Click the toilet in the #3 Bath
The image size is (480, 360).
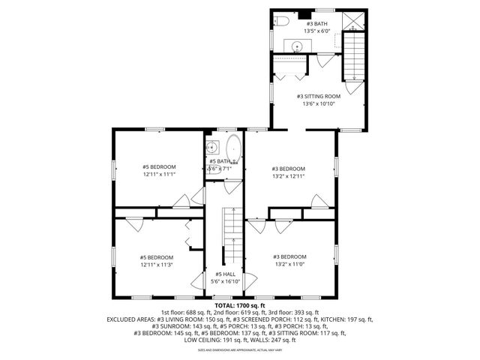[278, 21]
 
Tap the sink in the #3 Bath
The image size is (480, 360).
[298, 46]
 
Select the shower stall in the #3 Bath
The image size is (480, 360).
[351, 22]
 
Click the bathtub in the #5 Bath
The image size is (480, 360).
[233, 150]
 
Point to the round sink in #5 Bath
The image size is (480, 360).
[212, 148]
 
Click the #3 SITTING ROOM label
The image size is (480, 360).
[318, 96]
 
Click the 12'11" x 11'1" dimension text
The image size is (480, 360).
[159, 174]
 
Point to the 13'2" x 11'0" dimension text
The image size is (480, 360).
[289, 264]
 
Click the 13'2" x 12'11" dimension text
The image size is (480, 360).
[289, 176]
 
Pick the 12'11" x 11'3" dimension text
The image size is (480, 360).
[157, 265]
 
